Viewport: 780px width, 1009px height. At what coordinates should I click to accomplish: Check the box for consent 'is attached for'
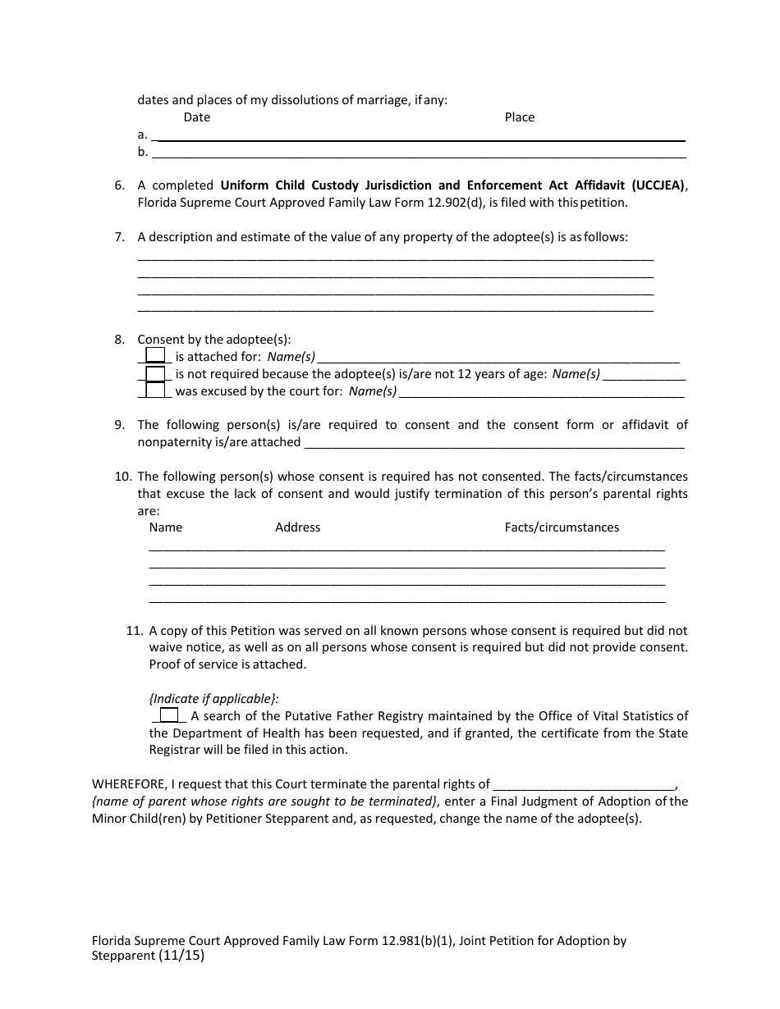click(155, 356)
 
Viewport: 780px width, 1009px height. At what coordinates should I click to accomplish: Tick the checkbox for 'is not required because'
click(155, 374)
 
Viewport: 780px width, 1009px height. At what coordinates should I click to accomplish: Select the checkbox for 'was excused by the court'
click(155, 390)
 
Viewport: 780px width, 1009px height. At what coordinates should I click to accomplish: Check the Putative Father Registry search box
click(169, 715)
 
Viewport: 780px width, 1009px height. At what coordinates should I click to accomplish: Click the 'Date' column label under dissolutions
click(197, 117)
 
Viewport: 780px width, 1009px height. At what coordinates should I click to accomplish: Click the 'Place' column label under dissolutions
click(519, 117)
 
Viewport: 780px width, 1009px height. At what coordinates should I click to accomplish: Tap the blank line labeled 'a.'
click(419, 136)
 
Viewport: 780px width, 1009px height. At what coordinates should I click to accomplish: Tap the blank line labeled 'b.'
click(419, 153)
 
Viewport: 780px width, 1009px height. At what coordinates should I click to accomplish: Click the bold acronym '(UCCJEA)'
click(658, 185)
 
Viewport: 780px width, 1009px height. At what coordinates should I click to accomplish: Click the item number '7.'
click(120, 237)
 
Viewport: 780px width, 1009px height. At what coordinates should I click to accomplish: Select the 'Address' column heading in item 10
click(297, 527)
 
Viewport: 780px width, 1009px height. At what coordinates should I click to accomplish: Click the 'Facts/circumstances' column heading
click(562, 527)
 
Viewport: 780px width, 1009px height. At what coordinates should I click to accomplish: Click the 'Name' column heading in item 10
click(166, 527)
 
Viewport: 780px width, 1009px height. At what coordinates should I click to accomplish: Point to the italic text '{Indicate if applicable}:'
click(213, 698)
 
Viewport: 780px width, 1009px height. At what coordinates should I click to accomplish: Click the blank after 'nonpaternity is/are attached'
click(493, 444)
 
